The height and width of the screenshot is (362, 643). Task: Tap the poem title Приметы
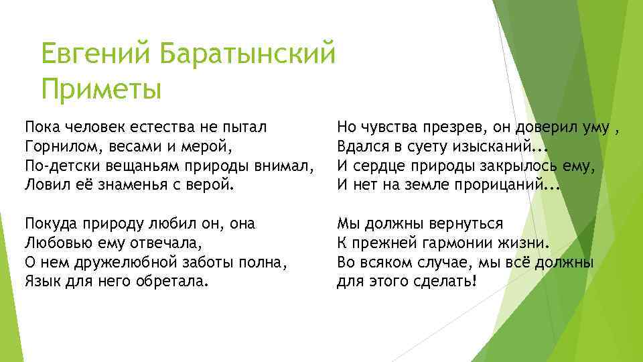coord(100,88)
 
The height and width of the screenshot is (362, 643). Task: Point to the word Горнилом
coord(56,145)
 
